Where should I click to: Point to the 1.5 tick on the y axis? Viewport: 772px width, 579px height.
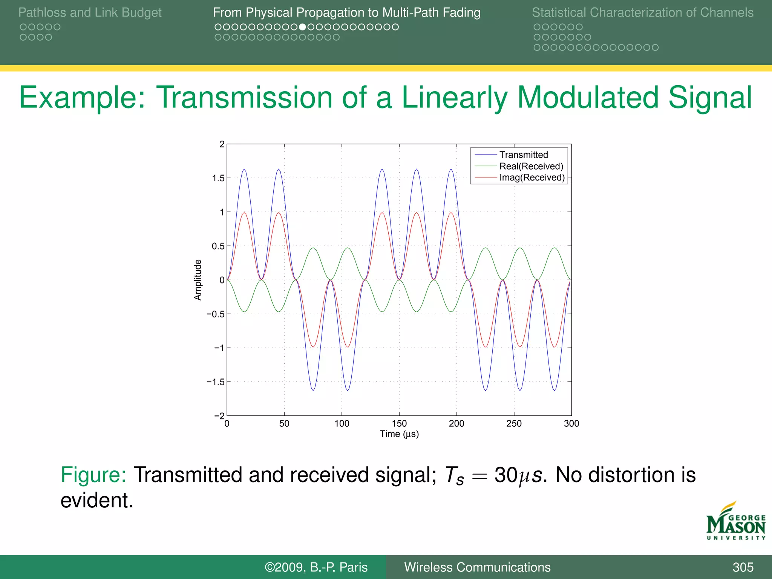coord(218,178)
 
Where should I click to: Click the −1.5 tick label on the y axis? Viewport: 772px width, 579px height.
coord(216,382)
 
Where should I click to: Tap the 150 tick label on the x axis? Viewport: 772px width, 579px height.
coord(399,424)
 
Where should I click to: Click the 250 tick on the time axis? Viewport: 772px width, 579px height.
coord(514,424)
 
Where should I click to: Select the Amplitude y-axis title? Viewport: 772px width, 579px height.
coord(198,280)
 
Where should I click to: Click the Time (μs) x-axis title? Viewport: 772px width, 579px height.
coord(399,434)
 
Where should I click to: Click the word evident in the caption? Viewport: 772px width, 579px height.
coord(96,501)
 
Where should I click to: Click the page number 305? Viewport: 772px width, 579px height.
coord(743,567)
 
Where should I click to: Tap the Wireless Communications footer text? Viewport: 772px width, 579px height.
coord(477,567)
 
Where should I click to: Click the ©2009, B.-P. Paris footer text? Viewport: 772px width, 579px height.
coord(316,567)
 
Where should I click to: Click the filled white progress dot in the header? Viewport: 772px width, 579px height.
coord(302,27)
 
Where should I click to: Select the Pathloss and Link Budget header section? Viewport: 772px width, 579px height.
coord(90,13)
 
